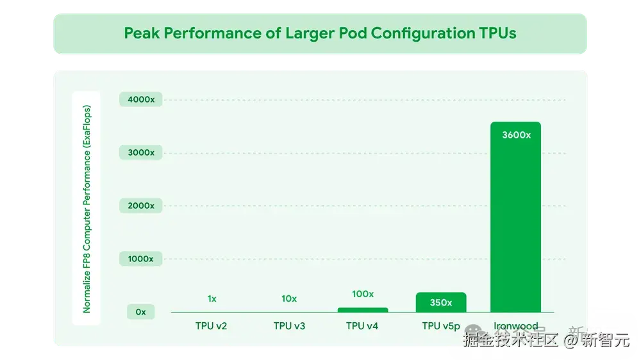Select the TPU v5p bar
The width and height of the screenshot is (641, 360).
[440, 302]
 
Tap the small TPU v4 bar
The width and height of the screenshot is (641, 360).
[362, 310]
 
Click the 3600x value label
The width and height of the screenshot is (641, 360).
[515, 135]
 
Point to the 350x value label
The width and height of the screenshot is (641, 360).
[440, 302]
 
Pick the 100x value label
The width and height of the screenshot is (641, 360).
[363, 294]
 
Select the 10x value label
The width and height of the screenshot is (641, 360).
[289, 299]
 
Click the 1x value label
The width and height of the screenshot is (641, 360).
[212, 299]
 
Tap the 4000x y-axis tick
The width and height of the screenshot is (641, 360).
[140, 100]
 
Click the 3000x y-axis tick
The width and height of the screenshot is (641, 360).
[140, 153]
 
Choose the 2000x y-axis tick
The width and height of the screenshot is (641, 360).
[140, 206]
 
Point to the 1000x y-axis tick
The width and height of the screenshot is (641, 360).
[140, 259]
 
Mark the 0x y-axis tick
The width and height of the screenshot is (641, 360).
[140, 312]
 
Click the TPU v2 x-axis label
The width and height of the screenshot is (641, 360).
[212, 326]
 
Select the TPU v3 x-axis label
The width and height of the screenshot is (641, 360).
[289, 326]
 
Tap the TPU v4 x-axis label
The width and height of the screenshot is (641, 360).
[362, 326]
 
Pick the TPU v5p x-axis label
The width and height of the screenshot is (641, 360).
[441, 326]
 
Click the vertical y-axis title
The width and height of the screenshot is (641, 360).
[87, 209]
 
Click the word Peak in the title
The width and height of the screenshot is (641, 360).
[142, 33]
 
